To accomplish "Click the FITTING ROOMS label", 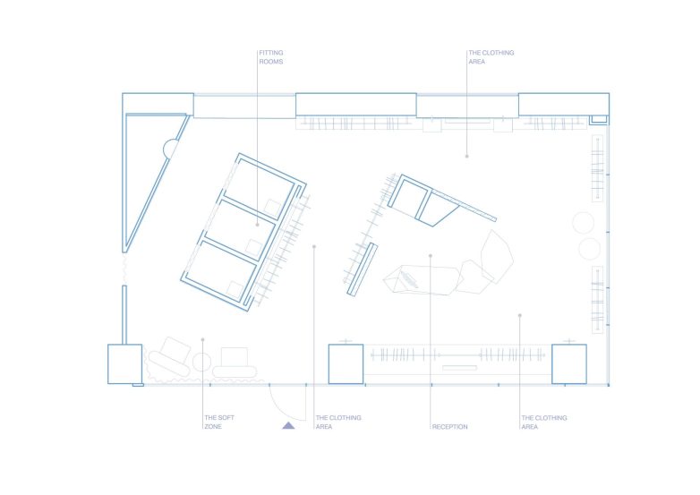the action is tap(271, 57).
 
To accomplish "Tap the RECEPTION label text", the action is tap(450, 427).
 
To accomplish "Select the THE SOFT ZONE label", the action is tap(219, 422).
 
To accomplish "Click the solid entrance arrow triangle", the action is tap(288, 425).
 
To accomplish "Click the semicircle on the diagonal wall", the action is tap(169, 149).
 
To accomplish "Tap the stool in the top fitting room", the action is tap(272, 208).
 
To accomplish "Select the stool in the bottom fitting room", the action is tap(235, 290).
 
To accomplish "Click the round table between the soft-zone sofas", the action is tap(201, 362).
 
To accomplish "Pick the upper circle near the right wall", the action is tap(583, 223).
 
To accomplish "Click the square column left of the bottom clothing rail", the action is tap(346, 363).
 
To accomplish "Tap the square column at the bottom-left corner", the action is tap(125, 363).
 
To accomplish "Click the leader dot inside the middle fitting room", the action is tap(257, 225).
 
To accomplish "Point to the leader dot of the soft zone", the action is tap(202, 339).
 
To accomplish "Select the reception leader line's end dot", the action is tap(431, 256).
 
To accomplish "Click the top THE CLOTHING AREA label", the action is tap(491, 57).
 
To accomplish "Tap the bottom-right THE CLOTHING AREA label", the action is tap(543, 422).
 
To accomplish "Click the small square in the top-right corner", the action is tap(599, 119).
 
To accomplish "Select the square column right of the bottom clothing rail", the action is tap(569, 363).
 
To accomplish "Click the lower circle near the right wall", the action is tap(590, 249).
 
